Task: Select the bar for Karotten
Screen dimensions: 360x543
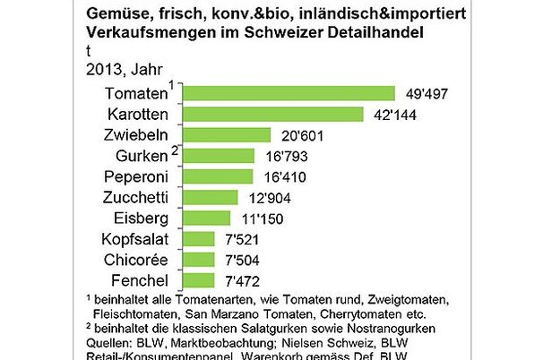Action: point(273,115)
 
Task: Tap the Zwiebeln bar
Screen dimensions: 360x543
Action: point(227,135)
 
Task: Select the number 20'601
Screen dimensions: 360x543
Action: point(299,136)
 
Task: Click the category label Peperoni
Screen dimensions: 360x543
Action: point(134,176)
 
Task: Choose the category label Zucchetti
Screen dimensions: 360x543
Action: point(133,197)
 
